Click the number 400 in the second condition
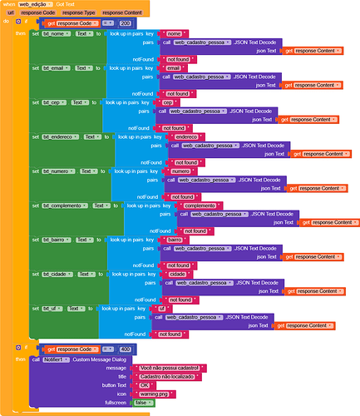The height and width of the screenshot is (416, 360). [125, 349]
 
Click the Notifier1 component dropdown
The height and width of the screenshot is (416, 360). [56, 359]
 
